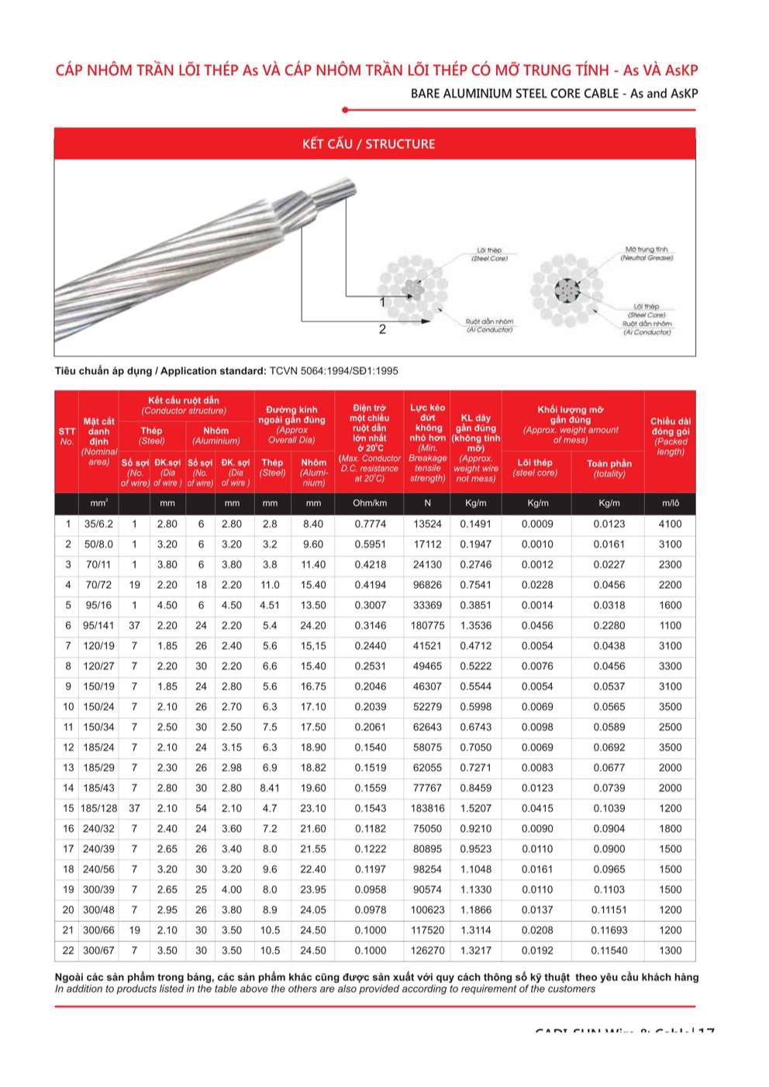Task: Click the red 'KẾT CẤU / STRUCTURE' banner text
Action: pos(368,144)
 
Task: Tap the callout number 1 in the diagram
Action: pos(382,302)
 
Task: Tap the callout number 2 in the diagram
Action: pos(382,329)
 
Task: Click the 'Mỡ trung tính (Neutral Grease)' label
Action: pos(646,253)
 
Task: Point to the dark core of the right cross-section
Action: pos(567,291)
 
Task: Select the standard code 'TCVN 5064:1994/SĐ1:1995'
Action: pos(333,371)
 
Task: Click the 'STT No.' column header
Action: pos(67,436)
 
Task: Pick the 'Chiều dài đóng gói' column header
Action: pos(670,436)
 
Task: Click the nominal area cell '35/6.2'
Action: pos(98,525)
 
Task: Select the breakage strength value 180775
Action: pos(427,626)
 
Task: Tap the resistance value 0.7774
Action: pos(370,525)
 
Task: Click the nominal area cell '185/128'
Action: pos(98,809)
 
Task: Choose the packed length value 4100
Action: pos(670,525)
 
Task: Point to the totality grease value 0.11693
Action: pos(609,930)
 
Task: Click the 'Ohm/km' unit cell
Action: pos(370,504)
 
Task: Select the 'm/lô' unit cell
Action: pos(670,504)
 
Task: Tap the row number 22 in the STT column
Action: pos(68,951)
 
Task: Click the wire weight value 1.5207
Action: pos(475,809)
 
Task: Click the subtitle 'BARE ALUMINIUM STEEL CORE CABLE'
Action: pos(516,94)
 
